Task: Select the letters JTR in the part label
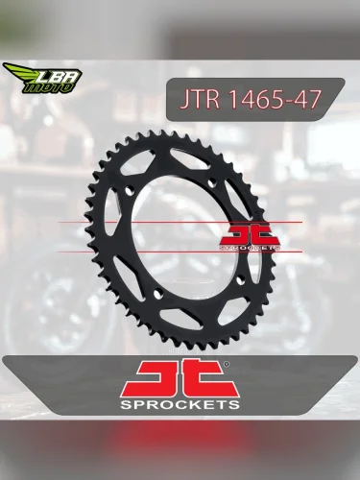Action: tap(196, 100)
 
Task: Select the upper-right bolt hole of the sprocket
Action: tap(209, 180)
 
